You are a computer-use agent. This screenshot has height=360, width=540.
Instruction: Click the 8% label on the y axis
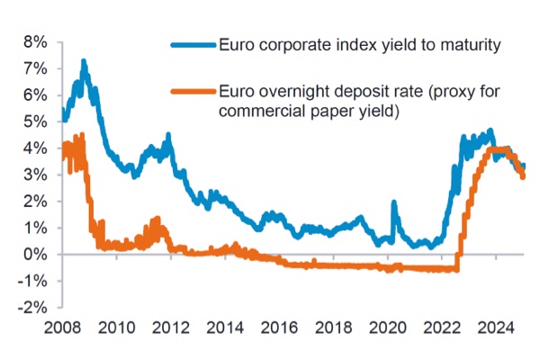[35, 41]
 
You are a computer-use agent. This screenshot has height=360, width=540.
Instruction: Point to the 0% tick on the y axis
[35, 255]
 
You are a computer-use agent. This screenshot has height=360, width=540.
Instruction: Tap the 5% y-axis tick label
[35, 121]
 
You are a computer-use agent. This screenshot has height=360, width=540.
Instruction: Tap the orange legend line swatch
[193, 91]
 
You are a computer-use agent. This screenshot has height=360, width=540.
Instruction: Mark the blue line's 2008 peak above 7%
[84, 63]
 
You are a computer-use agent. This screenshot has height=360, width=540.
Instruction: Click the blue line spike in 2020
[393, 204]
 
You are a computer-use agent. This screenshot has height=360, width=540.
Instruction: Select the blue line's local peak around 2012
[168, 137]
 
